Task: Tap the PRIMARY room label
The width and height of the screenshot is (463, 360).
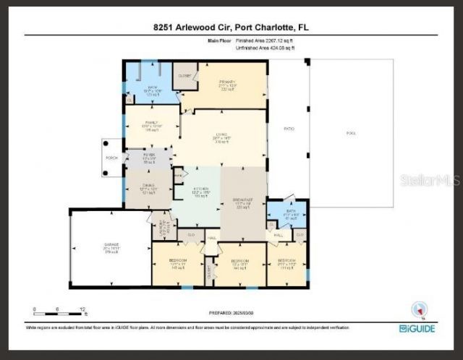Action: coord(228,82)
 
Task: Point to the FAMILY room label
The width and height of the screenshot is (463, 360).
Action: coord(152,123)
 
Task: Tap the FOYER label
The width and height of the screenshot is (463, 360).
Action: coord(148,154)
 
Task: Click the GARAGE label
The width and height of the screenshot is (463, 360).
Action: coord(111,247)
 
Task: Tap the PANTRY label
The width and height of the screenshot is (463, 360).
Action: coord(177,176)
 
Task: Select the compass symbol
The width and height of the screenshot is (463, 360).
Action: coord(417,309)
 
